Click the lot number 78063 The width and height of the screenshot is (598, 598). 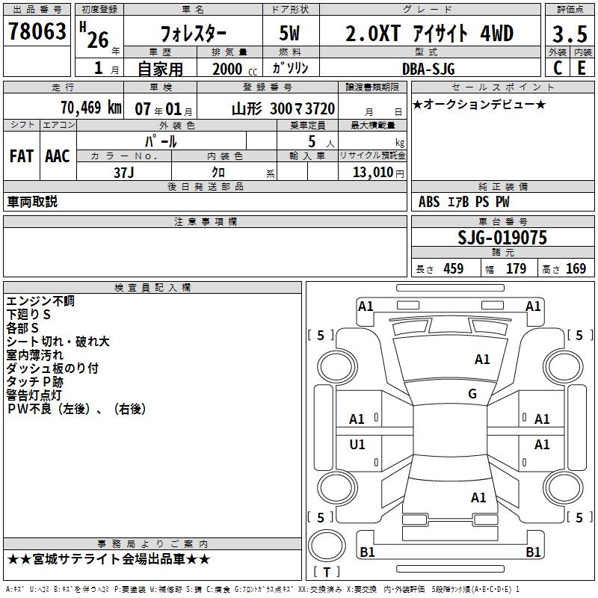coord(37,31)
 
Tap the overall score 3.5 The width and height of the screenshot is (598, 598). coord(570,34)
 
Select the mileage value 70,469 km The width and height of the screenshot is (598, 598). coord(91,108)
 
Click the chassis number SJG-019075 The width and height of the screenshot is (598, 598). coord(502,238)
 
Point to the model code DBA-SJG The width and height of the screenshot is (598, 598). coord(428,69)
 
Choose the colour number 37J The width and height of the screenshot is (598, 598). coord(124,173)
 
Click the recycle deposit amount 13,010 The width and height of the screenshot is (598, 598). coord(373,172)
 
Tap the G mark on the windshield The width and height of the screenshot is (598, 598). coord(472,393)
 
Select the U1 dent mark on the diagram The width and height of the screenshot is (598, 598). coord(357,444)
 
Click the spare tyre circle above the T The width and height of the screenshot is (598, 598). coord(327,546)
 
